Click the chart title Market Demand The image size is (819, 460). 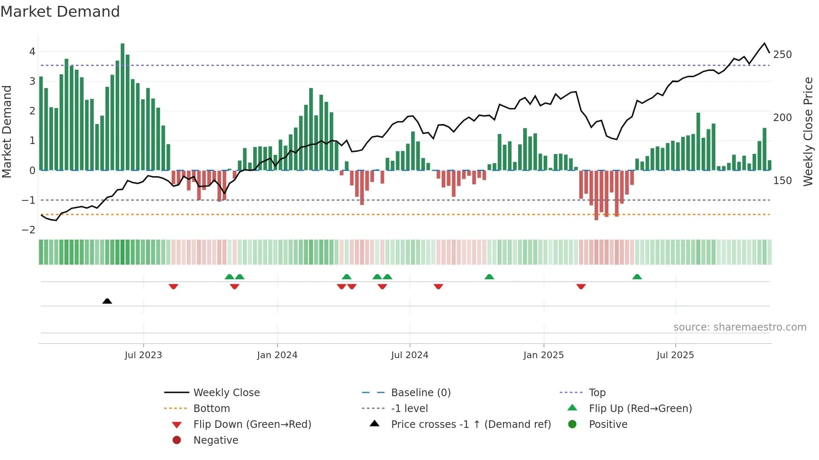point(60,12)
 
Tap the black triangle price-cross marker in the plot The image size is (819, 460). point(107,301)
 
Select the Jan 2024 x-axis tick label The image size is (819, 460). point(277,355)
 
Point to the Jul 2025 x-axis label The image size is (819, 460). point(675,355)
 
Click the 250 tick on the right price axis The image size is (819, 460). point(782,55)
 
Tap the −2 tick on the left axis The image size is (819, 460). point(28,230)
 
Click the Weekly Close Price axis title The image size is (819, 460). point(808,131)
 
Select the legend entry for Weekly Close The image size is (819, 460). point(226,393)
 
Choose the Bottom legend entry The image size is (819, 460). point(211,409)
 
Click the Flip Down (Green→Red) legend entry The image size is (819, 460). point(252,425)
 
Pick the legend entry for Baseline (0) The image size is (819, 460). point(420,393)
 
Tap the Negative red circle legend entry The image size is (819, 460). point(216,440)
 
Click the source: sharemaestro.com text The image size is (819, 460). point(740,327)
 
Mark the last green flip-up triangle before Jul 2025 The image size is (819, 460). point(637,277)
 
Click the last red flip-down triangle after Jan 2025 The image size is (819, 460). point(581,286)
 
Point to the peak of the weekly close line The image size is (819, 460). point(764,43)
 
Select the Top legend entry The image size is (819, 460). point(597,393)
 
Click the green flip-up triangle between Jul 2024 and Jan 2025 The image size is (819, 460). point(489,277)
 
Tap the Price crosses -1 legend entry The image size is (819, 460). point(471,425)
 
